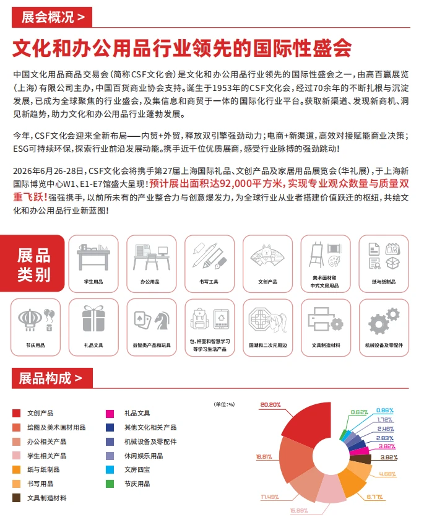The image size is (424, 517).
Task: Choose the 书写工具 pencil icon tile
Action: [207, 264]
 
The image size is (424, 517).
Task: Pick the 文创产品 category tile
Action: [267, 264]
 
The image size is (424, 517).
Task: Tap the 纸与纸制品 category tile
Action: [384, 264]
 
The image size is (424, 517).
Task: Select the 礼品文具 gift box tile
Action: [93, 326]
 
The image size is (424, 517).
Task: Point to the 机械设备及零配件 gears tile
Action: [384, 326]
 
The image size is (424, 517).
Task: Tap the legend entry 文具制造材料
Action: [46, 498]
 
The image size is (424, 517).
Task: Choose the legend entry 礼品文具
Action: [137, 413]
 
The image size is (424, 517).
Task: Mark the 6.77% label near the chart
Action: [375, 495]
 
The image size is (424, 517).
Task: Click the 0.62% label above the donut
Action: [359, 412]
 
